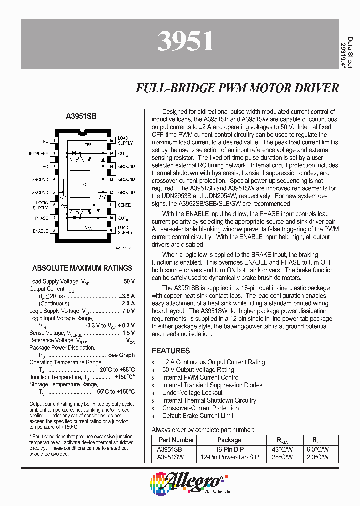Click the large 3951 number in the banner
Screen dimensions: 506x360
(x=185, y=42)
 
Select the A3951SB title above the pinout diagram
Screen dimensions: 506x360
(x=81, y=116)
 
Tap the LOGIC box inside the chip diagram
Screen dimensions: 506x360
(x=80, y=184)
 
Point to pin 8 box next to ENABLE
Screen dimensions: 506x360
(x=54, y=230)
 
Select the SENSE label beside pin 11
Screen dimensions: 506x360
(x=124, y=205)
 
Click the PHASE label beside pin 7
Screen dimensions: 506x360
(x=42, y=218)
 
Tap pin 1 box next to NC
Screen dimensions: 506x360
(x=54, y=141)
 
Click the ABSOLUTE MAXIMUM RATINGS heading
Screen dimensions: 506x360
(x=82, y=268)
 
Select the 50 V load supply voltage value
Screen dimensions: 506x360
(x=129, y=281)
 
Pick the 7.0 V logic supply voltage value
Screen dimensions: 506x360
(x=128, y=311)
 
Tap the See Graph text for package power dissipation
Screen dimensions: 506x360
(x=121, y=355)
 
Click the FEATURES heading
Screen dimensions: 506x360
(x=171, y=351)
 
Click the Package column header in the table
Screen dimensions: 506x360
(x=229, y=440)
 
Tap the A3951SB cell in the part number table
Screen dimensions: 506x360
(x=170, y=449)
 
